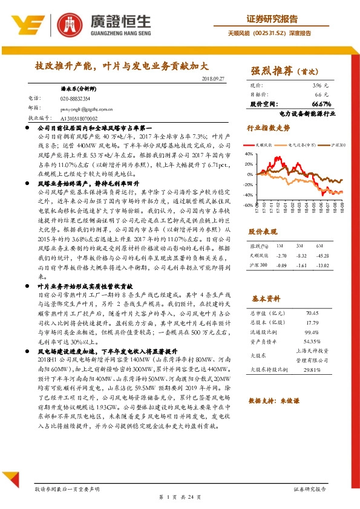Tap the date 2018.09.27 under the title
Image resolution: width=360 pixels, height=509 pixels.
click(x=212, y=79)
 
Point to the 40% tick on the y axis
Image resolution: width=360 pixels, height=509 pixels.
click(x=249, y=154)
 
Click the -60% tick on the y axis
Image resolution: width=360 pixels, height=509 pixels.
click(x=249, y=205)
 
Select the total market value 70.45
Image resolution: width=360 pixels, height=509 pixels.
click(x=312, y=313)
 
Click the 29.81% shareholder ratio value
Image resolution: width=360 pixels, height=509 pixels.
click(x=312, y=369)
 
